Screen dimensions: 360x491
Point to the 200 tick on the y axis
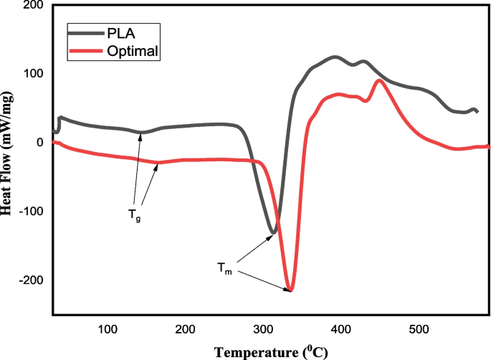click(33, 6)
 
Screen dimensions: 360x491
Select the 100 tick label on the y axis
click(33, 74)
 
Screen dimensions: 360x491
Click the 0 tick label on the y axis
click(40, 142)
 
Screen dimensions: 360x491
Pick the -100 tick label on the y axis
click(31, 212)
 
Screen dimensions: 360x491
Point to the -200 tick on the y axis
click(31, 280)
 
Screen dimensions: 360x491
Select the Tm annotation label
click(225, 267)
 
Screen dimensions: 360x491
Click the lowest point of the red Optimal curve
click(290, 290)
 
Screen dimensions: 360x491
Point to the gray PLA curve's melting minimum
click(273, 232)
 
